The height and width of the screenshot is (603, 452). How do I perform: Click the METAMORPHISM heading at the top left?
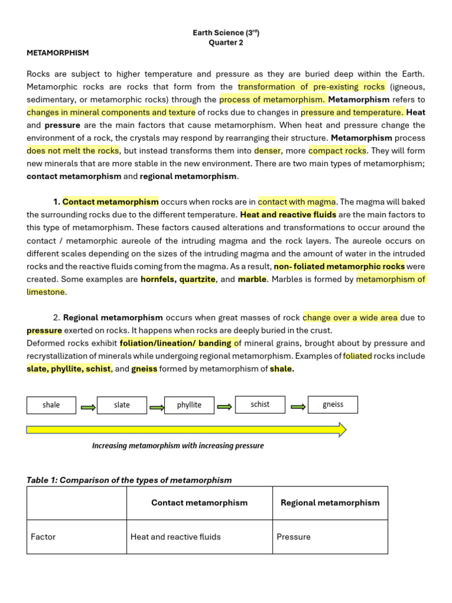pyautogui.click(x=58, y=53)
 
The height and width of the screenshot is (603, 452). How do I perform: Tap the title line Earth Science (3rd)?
pyautogui.click(x=226, y=33)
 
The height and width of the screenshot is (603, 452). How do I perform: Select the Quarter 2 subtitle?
pyautogui.click(x=226, y=42)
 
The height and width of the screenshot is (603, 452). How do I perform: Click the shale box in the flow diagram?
pyautogui.click(x=51, y=405)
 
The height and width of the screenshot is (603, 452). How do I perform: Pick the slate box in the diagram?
pyautogui.click(x=122, y=405)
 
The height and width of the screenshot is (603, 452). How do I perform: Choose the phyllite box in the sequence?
pyautogui.click(x=190, y=405)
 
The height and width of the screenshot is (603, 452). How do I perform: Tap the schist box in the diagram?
pyautogui.click(x=260, y=405)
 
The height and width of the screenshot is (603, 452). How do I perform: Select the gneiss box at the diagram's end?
pyautogui.click(x=333, y=405)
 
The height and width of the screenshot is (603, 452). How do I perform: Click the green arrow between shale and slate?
pyautogui.click(x=87, y=406)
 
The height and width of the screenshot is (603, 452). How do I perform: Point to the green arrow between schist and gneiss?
pyautogui.click(x=298, y=406)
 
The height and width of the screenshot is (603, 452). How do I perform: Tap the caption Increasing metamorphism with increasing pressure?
pyautogui.click(x=178, y=446)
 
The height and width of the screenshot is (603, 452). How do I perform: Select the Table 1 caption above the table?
pyautogui.click(x=129, y=480)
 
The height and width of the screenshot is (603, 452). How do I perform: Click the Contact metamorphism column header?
pyautogui.click(x=200, y=503)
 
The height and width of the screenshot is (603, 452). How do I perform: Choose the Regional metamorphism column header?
pyautogui.click(x=330, y=503)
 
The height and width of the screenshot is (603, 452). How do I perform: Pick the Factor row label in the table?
pyautogui.click(x=43, y=537)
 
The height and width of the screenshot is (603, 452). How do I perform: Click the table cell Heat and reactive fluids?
pyautogui.click(x=175, y=537)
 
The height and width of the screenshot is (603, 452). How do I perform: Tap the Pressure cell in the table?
pyautogui.click(x=294, y=537)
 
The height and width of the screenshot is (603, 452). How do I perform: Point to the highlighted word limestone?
pyautogui.click(x=46, y=292)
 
